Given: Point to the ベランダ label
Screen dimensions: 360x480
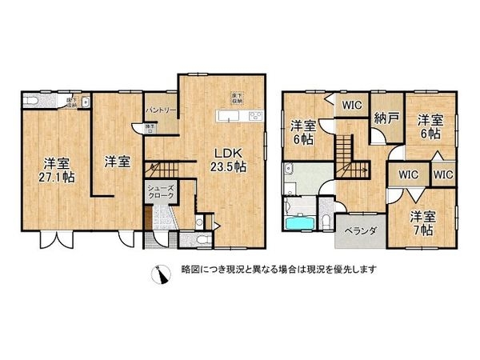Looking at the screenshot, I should (x=355, y=230).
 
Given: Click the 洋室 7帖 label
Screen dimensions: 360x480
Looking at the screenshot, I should (x=423, y=222).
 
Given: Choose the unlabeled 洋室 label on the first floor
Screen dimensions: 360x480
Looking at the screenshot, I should (x=117, y=161).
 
